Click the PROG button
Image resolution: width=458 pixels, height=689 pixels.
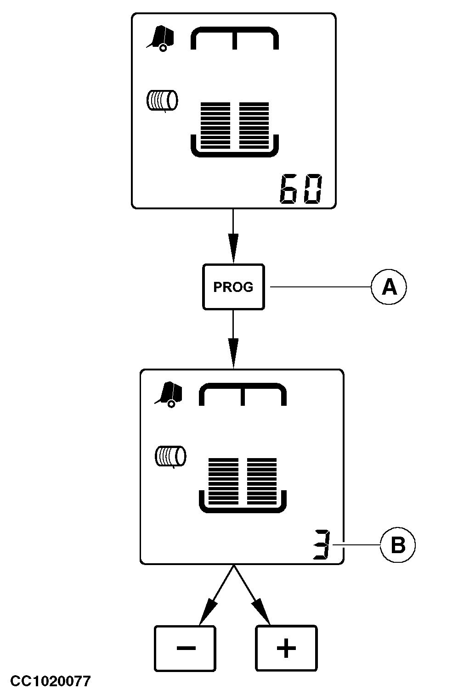click(233, 287)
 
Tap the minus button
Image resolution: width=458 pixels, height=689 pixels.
click(185, 648)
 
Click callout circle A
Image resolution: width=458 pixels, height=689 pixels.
click(389, 287)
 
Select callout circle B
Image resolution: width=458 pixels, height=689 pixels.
click(398, 545)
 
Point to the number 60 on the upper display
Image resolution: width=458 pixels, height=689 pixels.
click(301, 189)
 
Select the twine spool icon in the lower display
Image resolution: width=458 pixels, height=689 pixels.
click(170, 457)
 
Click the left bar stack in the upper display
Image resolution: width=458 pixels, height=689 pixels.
click(215, 125)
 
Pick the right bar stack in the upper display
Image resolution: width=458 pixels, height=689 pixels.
click(254, 125)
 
